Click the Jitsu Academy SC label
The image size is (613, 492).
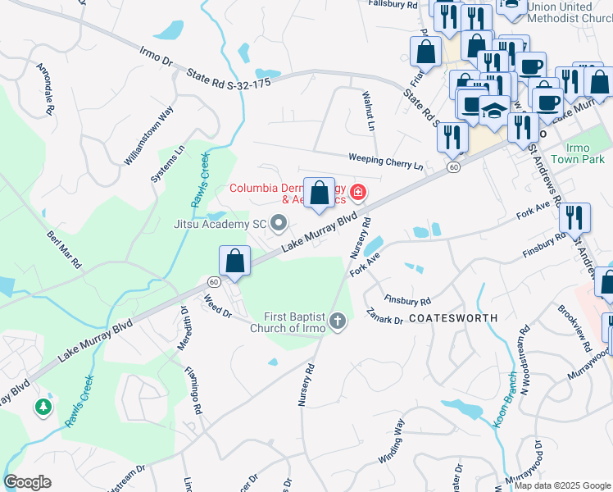tap(220, 223)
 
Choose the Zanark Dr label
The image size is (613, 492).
tap(385, 316)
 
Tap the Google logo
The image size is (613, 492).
tap(28, 482)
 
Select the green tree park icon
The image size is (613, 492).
tap(43, 406)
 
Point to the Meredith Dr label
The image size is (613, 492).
tap(184, 328)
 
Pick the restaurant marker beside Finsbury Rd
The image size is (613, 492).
tap(574, 217)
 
